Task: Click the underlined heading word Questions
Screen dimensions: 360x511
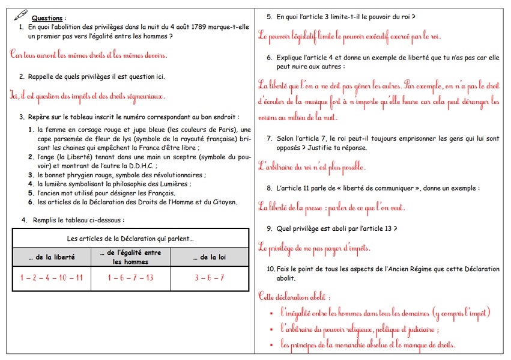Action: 49,19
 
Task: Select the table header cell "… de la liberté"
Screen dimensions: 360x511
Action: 52,257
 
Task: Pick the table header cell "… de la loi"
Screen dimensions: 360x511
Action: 209,257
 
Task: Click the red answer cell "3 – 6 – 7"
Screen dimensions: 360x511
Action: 209,278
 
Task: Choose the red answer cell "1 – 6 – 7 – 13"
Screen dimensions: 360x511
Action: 130,278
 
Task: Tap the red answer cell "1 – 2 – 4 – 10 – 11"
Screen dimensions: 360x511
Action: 52,278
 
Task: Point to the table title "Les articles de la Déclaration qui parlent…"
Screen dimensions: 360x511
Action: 130,238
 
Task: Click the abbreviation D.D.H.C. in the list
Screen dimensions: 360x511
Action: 139,166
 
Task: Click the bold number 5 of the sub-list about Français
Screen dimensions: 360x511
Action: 31,194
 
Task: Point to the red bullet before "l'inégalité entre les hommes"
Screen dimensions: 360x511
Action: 272,313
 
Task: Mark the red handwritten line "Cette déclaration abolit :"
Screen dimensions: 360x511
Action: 294,296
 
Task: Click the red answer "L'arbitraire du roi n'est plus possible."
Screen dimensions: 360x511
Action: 312,166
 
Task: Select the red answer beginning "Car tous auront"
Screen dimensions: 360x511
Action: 89,55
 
